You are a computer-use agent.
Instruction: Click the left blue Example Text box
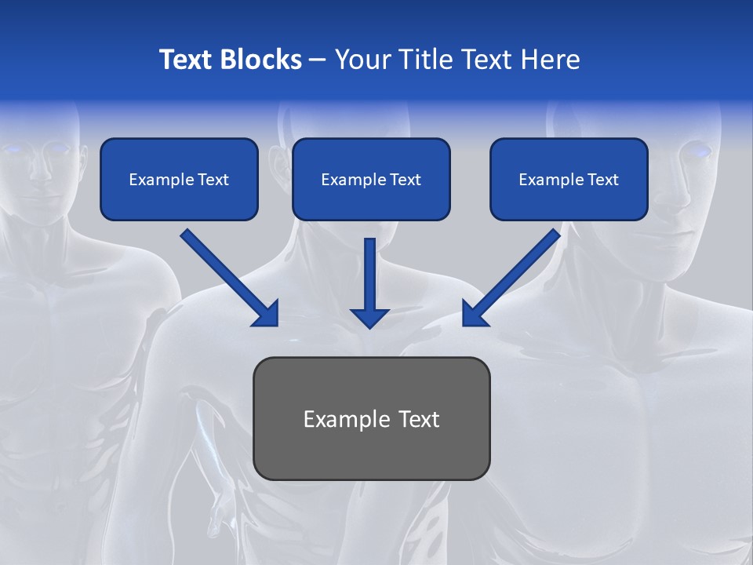pyautogui.click(x=179, y=179)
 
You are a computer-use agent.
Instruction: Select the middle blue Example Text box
pyautogui.click(x=371, y=179)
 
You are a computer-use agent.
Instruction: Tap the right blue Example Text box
pyautogui.click(x=569, y=179)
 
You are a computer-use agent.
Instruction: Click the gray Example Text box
pyautogui.click(x=371, y=418)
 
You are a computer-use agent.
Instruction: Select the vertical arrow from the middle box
pyautogui.click(x=369, y=279)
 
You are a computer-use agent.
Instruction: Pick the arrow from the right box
pyautogui.click(x=513, y=275)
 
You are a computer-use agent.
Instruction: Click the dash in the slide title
pyautogui.click(x=318, y=60)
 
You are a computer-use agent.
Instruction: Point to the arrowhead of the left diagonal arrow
pyautogui.click(x=267, y=314)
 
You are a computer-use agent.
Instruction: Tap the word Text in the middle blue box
pyautogui.click(x=405, y=180)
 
